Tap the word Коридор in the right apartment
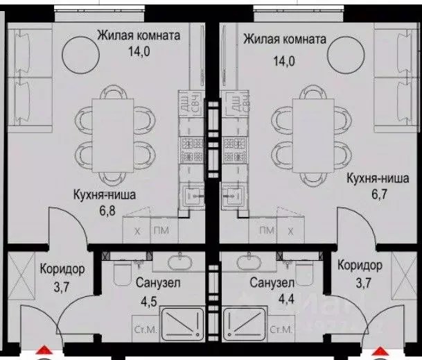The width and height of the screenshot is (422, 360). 360,266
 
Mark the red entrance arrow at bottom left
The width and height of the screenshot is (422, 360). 43,352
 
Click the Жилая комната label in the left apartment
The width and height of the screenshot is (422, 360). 139,34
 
